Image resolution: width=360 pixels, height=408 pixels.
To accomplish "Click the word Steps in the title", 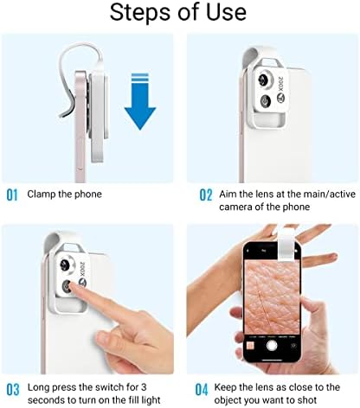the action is [140, 13].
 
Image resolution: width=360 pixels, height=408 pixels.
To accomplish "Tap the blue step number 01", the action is [12, 195].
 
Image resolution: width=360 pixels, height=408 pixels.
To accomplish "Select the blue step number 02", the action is [206, 195].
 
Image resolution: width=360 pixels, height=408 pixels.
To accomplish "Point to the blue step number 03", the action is [13, 390].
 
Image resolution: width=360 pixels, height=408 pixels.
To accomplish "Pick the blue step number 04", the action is [202, 390].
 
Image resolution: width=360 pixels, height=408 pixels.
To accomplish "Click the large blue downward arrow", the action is [140, 101].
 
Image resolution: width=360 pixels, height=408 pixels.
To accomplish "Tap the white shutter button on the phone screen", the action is [272, 346].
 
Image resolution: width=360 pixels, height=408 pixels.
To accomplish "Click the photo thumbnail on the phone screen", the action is [250, 346].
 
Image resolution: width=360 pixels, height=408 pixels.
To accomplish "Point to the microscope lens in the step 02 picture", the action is [265, 80].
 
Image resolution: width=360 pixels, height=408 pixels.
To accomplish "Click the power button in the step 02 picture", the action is [266, 101].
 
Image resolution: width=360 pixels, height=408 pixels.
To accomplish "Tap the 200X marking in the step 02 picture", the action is [281, 84].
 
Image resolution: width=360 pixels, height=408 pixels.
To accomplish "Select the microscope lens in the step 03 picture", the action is [66, 265].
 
